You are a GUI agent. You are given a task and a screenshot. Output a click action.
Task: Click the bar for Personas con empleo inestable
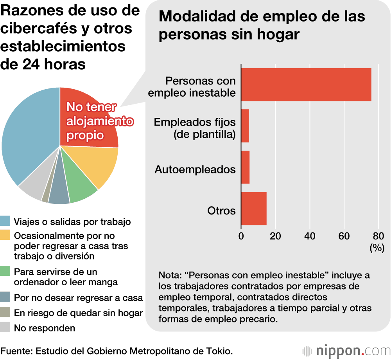(306, 85)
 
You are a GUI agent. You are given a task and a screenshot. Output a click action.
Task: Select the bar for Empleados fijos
(245, 126)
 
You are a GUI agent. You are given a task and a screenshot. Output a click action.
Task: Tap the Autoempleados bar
(246, 167)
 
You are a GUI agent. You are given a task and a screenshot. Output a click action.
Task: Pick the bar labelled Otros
(254, 209)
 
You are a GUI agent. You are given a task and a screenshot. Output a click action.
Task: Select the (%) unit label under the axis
(377, 248)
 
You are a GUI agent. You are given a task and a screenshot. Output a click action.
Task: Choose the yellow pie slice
(100, 164)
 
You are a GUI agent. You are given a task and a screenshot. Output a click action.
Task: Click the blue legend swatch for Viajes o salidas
(5, 221)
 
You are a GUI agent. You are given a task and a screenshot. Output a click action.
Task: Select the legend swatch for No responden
(5, 328)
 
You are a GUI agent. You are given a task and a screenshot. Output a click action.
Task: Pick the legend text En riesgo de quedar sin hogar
(78, 313)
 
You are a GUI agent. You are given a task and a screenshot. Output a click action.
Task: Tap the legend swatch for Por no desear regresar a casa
(5, 297)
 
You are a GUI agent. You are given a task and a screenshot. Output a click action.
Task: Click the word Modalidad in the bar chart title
(195, 17)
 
